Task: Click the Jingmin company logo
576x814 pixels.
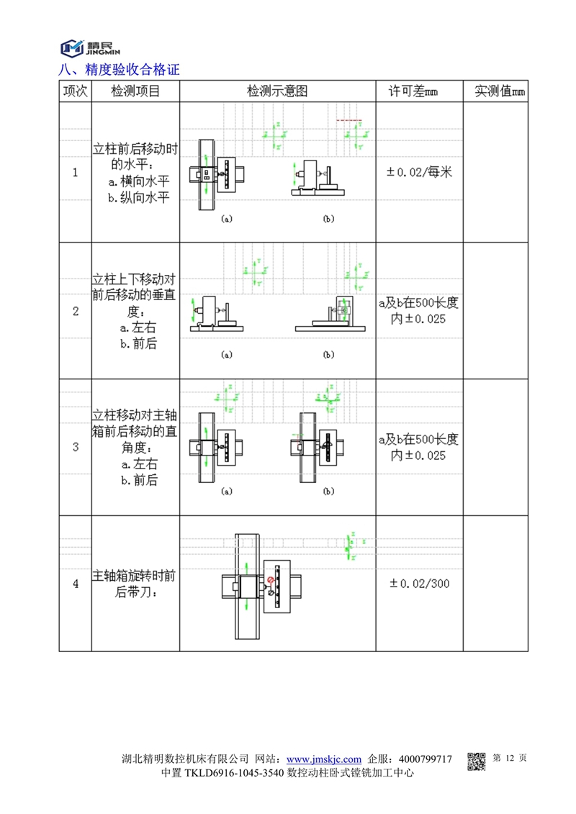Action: [90, 47]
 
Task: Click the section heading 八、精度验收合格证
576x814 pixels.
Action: [119, 70]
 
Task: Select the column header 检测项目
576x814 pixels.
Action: [135, 91]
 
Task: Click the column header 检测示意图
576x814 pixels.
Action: [277, 91]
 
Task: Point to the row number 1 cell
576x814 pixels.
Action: [76, 173]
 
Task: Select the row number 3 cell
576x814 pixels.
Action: [76, 446]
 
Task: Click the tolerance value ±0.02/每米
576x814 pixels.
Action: [419, 173]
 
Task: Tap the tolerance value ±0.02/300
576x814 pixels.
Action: [419, 584]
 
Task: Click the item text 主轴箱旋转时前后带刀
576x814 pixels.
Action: [135, 584]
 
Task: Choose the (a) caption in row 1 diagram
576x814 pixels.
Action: [226, 218]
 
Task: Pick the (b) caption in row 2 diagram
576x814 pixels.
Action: [329, 354]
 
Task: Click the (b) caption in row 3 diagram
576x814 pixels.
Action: [329, 492]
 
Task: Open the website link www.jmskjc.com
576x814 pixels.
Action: [324, 759]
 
